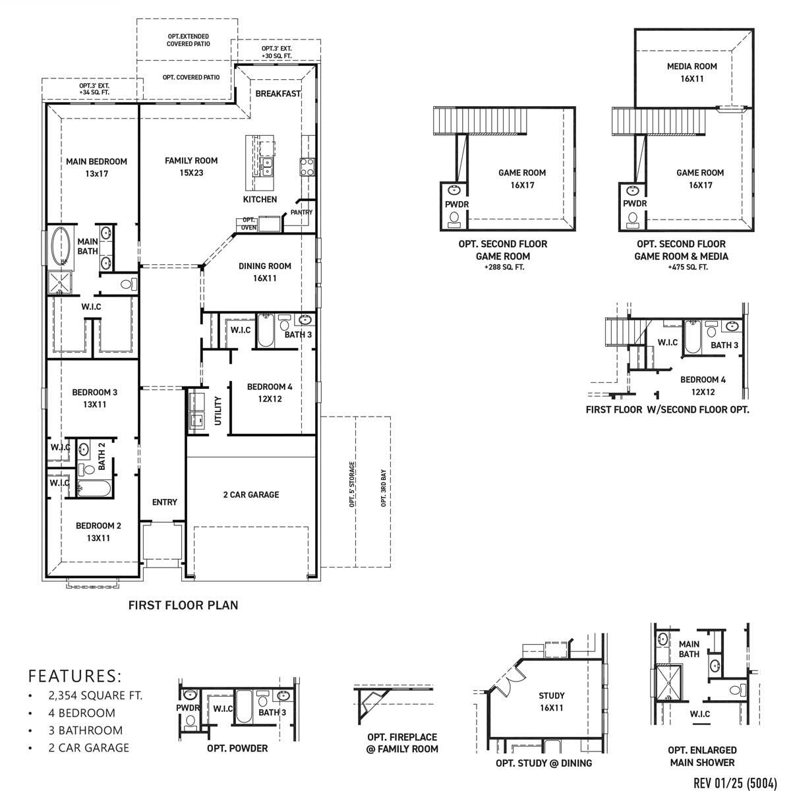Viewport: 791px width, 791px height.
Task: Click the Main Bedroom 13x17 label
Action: point(96,167)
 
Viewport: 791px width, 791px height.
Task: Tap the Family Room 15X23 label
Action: point(191,166)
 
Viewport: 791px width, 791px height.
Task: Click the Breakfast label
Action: point(278,94)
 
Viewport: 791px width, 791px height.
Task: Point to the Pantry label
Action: point(301,212)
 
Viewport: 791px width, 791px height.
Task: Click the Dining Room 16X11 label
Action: point(264,272)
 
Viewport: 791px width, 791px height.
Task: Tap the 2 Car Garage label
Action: point(250,494)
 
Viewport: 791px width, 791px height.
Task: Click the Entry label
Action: point(164,502)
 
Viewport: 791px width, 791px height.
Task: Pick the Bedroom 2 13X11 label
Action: point(98,532)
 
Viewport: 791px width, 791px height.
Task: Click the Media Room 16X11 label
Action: point(691,72)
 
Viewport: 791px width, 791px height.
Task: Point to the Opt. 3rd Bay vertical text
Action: point(383,488)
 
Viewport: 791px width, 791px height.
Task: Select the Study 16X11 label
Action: point(551,701)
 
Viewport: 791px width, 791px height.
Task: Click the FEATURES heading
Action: point(75,676)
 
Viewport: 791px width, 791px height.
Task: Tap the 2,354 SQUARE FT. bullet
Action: point(95,695)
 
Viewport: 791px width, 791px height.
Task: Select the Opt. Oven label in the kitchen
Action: point(249,223)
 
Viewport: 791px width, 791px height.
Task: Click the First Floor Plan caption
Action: point(183,604)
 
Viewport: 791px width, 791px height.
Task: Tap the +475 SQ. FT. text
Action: point(681,267)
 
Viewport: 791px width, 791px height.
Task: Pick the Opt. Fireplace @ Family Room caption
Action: point(402,743)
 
